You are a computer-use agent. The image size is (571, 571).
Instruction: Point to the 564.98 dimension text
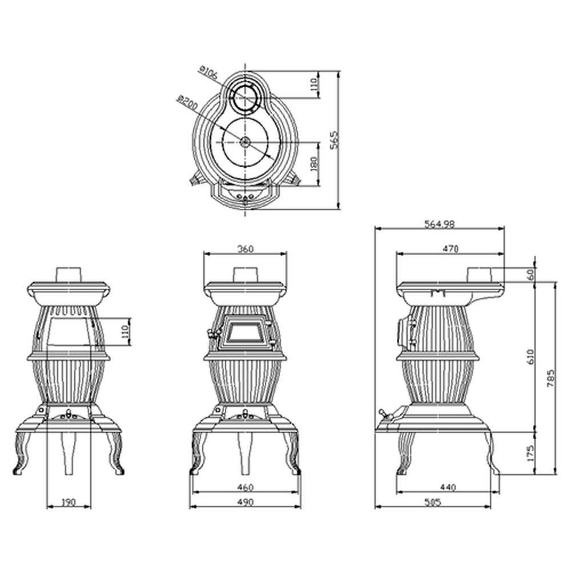point(440,224)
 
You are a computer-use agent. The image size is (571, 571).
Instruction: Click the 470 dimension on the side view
point(451,248)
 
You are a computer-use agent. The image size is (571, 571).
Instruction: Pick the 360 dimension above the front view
point(245,248)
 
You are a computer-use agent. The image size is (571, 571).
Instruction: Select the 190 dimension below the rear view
point(68,502)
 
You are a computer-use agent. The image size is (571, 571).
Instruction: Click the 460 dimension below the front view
point(245,488)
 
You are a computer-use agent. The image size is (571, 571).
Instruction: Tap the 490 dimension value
point(245,502)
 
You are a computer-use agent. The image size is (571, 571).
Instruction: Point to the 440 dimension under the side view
point(448,488)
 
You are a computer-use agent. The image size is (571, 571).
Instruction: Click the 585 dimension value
point(440,502)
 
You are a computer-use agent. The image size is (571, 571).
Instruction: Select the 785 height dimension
point(550,377)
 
